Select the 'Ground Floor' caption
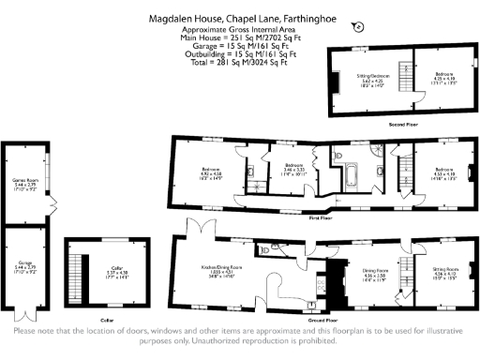click(x=321, y=320)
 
